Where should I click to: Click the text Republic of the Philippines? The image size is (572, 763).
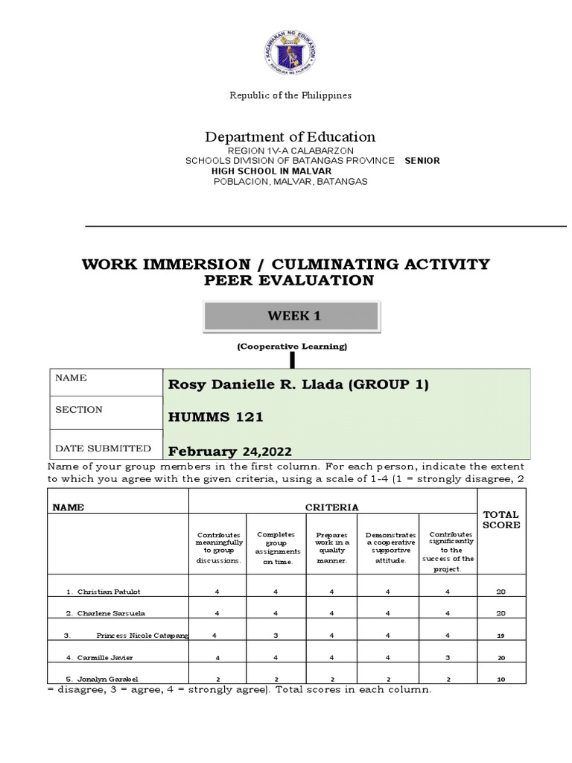click(290, 95)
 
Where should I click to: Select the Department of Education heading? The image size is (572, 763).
click(290, 136)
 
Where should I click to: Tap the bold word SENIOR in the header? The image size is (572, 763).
click(422, 161)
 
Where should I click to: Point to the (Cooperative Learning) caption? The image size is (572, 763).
click(292, 346)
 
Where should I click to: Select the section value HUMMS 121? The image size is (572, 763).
click(216, 417)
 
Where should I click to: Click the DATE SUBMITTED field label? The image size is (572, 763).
click(104, 449)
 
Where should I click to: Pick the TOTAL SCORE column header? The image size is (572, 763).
click(501, 519)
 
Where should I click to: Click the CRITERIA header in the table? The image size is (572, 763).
click(332, 507)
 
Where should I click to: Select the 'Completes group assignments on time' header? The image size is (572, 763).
click(275, 548)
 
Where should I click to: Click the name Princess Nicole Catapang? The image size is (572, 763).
click(142, 636)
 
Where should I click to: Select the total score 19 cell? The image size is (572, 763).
click(500, 636)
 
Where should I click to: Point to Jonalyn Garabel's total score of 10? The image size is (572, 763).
click(500, 680)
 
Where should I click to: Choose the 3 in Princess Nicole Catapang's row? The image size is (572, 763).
click(275, 636)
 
